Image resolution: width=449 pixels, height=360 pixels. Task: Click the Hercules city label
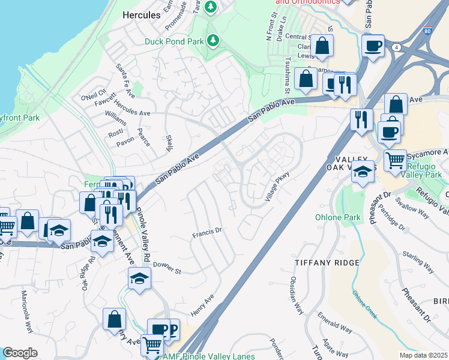click(x=141, y=14)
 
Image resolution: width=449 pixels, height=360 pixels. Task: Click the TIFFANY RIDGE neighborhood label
click(x=327, y=263)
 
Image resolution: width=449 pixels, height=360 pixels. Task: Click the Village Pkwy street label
click(x=275, y=186)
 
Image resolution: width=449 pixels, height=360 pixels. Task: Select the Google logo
click(x=20, y=353)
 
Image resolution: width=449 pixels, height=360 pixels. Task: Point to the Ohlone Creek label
click(x=364, y=305)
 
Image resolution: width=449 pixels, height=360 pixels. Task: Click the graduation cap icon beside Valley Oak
click(x=362, y=172)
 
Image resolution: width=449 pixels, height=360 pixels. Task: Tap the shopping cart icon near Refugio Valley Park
click(x=394, y=160)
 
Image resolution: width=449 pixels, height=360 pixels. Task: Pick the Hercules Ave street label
click(x=132, y=112)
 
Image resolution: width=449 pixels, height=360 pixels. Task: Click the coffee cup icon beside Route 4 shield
click(x=373, y=46)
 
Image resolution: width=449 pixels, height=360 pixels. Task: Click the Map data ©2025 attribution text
click(x=424, y=356)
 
